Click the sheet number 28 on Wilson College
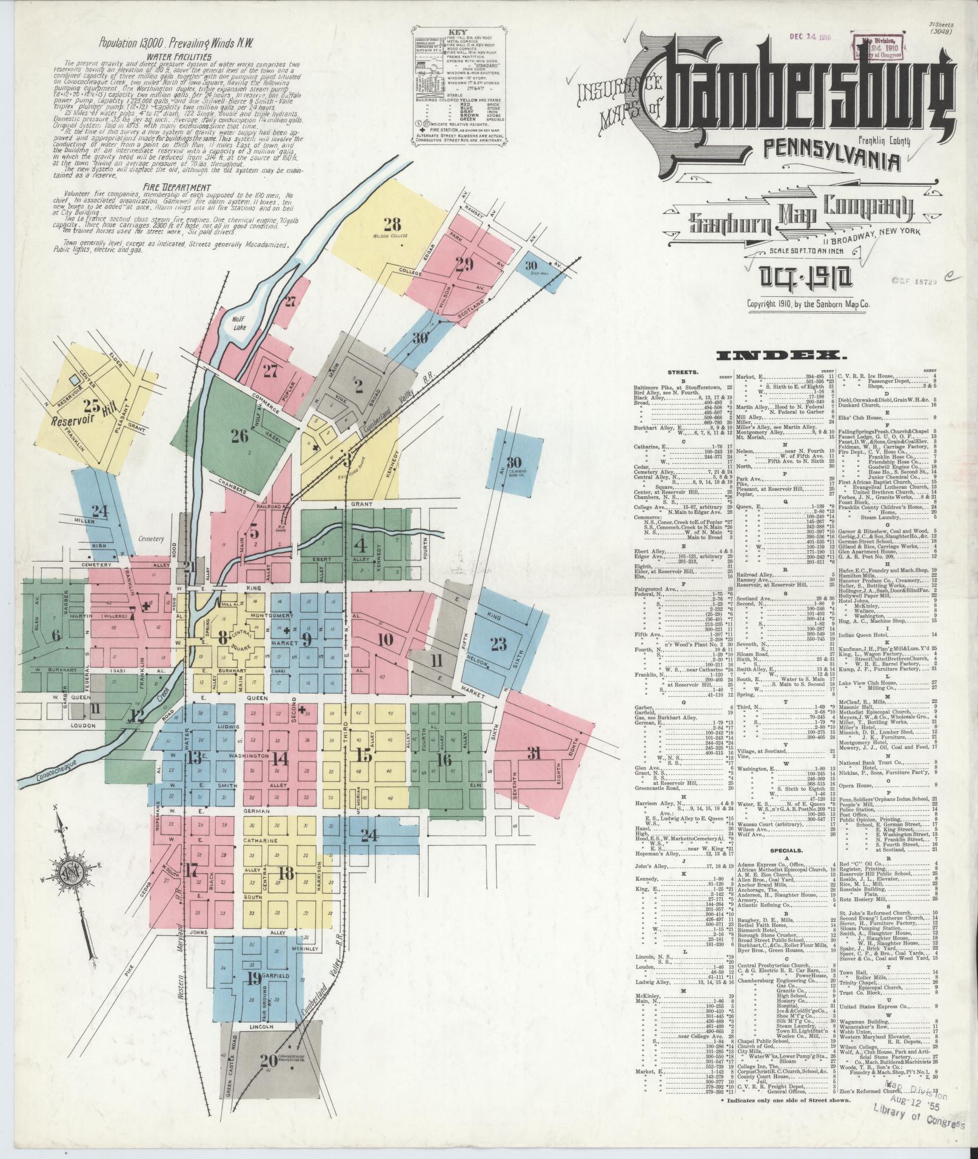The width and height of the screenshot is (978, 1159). click(392, 223)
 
